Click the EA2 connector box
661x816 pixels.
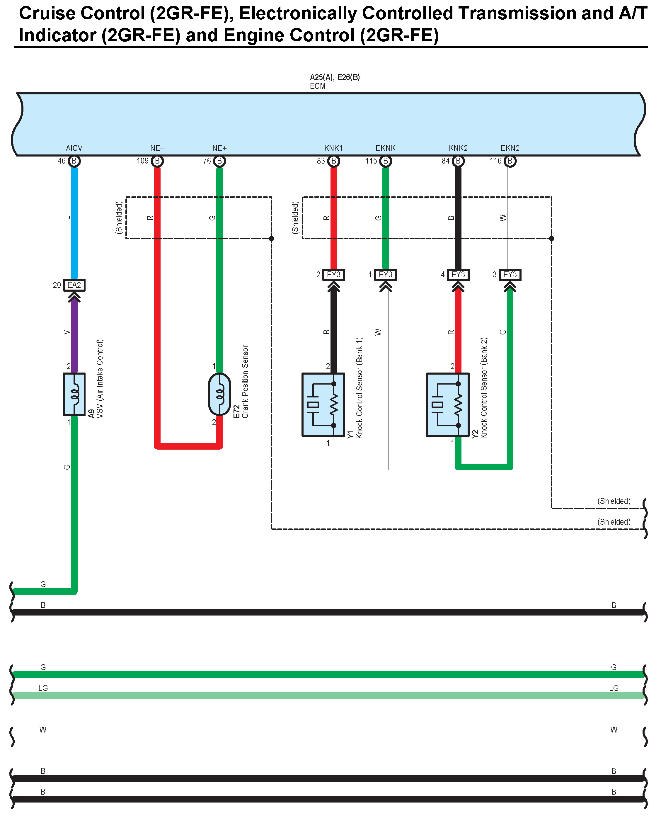pos(74,285)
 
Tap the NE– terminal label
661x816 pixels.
pos(157,148)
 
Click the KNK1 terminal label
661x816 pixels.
pos(333,148)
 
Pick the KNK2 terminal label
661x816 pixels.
pos(458,148)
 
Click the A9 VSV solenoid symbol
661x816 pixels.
pos(74,394)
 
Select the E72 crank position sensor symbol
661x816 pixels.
pos(220,394)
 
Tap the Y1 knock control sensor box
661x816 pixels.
pos(323,404)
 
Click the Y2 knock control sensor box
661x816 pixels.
pos(448,404)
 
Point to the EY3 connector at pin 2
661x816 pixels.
pos(333,275)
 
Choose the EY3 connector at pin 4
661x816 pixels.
pos(458,275)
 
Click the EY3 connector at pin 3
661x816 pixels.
pos(510,275)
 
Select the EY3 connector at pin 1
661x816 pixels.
pos(385,275)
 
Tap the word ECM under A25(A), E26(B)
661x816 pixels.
pos(318,86)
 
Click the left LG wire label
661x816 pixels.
pos(43,688)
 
